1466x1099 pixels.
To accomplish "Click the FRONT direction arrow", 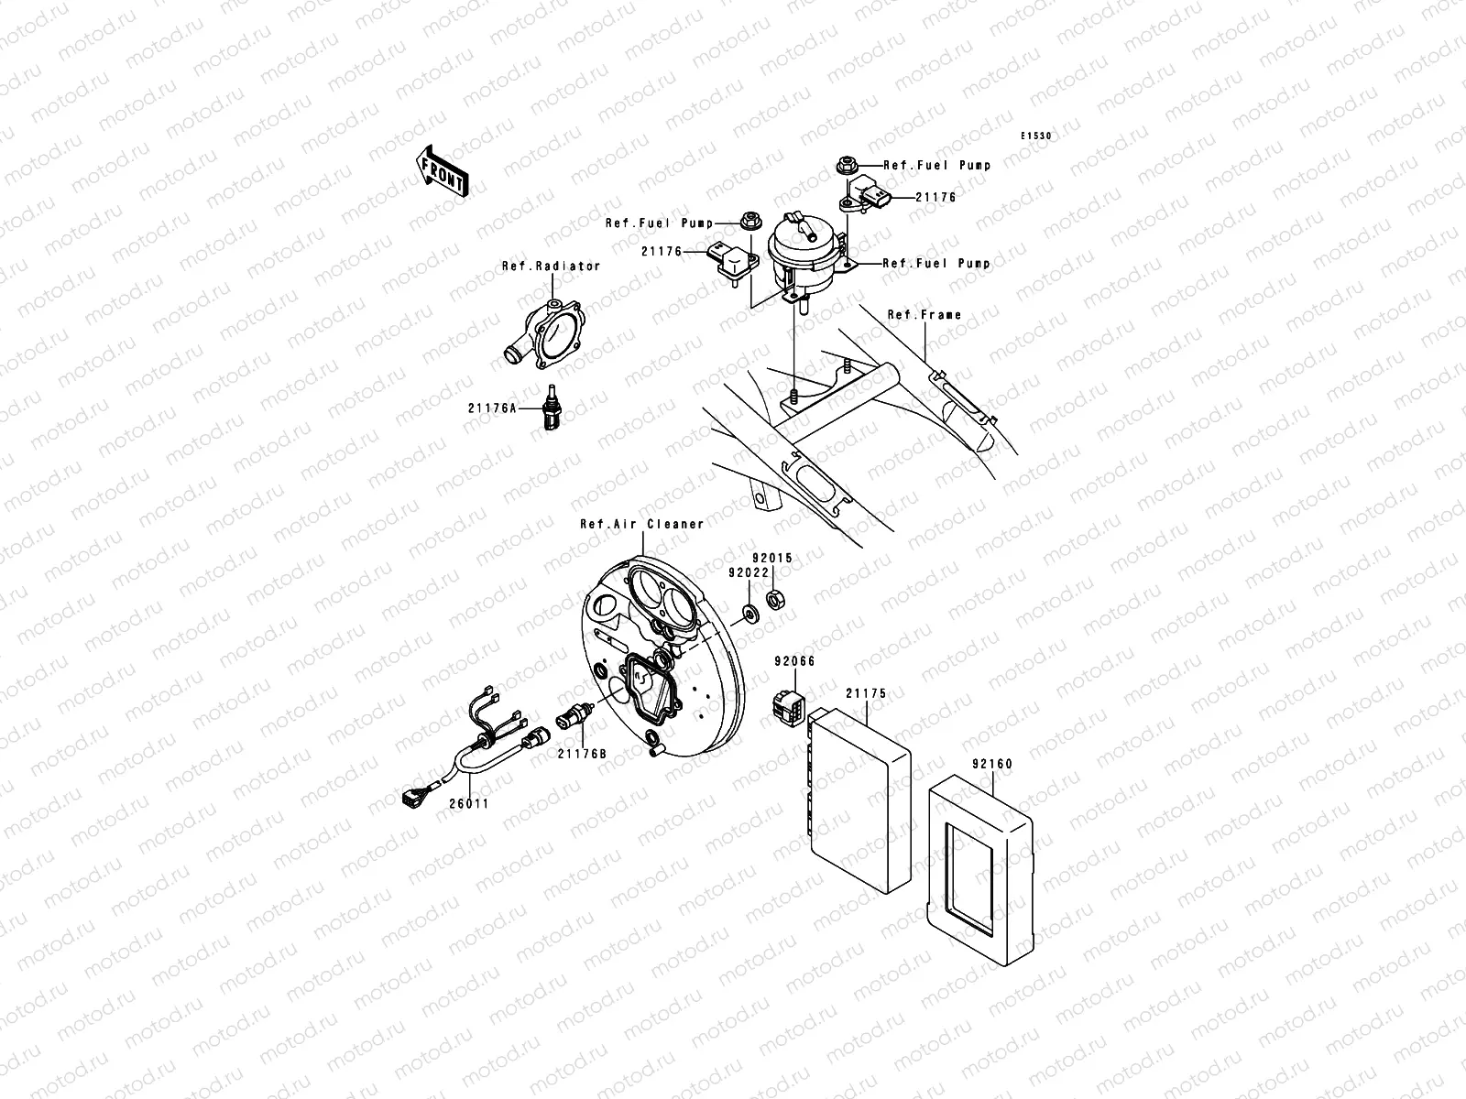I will [443, 169].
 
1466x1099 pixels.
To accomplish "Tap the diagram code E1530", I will [1037, 136].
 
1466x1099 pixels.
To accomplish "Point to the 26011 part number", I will [468, 803].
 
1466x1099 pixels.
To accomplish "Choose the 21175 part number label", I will [866, 693].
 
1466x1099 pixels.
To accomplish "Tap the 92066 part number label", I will [794, 660].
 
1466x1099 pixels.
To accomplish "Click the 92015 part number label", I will [772, 558].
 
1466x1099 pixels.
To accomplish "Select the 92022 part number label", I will [748, 572].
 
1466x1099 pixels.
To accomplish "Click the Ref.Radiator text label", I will [551, 267].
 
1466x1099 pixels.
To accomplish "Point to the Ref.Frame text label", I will [924, 314].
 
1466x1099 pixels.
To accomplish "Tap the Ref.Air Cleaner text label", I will [641, 524].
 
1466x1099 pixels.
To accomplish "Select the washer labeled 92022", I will [749, 611].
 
